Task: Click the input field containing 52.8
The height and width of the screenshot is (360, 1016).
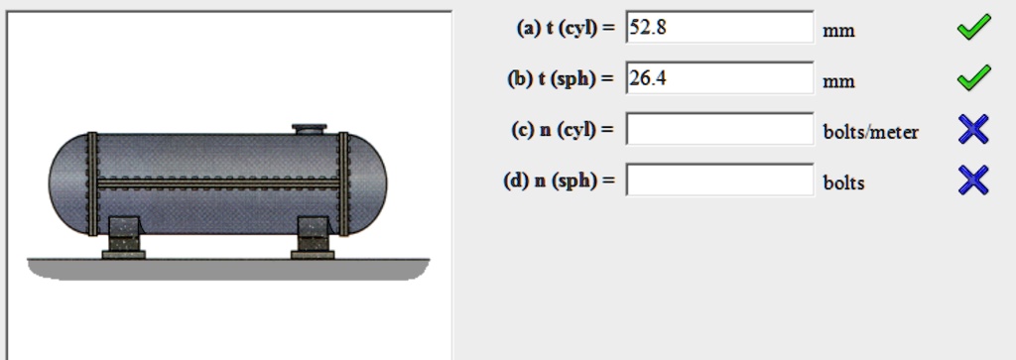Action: tap(719, 28)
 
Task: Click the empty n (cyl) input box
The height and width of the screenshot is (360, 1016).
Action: tap(719, 130)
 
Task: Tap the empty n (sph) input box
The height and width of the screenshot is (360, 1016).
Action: tap(719, 180)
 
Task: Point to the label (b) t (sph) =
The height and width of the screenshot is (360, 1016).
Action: tap(561, 79)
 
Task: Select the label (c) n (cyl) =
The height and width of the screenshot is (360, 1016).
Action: tap(562, 130)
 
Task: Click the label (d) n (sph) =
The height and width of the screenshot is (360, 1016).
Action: tap(560, 181)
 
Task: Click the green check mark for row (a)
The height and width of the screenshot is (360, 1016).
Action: tap(973, 29)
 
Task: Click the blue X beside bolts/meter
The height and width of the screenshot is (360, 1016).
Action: tap(973, 129)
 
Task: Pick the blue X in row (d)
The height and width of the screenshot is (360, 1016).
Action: tap(973, 180)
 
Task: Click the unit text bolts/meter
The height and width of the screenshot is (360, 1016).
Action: tap(870, 132)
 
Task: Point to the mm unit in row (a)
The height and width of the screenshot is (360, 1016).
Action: tap(838, 31)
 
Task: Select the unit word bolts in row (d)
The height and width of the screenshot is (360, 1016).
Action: tap(843, 182)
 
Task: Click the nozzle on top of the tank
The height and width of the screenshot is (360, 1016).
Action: tap(309, 129)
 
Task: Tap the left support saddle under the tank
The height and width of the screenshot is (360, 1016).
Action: tap(124, 237)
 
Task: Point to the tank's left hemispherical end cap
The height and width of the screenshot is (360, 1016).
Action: tap(67, 183)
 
